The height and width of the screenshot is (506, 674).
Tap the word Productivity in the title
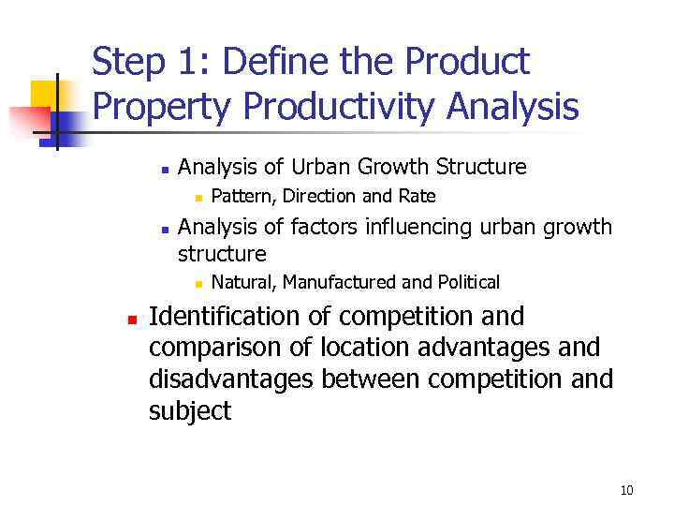(340, 108)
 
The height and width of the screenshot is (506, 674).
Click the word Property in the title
(163, 108)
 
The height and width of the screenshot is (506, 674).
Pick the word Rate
(417, 197)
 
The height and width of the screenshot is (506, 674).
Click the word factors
(320, 228)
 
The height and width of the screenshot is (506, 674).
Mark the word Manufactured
(343, 282)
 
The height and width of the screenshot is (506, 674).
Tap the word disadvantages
(234, 379)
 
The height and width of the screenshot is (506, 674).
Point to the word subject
(190, 411)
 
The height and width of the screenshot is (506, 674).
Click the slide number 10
(626, 491)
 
